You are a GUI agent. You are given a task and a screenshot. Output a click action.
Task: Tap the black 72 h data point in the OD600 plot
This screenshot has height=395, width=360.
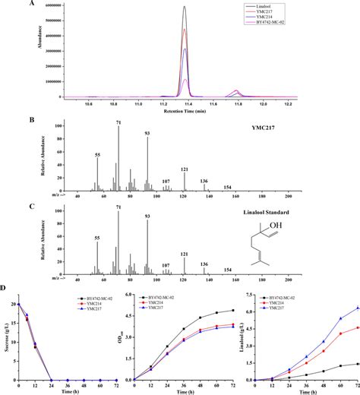[232, 310]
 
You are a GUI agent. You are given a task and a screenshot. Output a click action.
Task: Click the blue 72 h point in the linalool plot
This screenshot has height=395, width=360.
[358, 308]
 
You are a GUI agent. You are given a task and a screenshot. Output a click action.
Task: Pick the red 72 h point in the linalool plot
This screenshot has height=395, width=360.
[358, 327]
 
